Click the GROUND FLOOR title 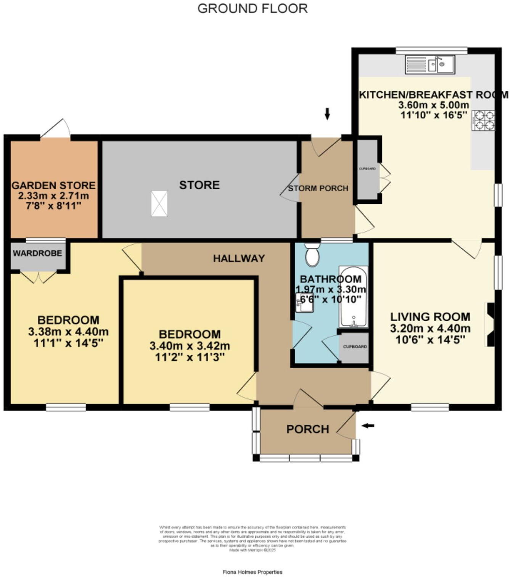[x=253, y=8]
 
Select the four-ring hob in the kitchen [x=484, y=120]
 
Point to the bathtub [x=354, y=297]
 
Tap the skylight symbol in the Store [x=159, y=204]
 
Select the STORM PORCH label [x=318, y=188]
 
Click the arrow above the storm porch [x=327, y=113]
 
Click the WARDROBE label [x=37, y=253]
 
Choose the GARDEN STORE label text [x=53, y=185]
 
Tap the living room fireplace [x=489, y=324]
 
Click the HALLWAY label [x=239, y=258]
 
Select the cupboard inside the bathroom [x=355, y=347]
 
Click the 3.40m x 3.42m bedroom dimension [x=190, y=346]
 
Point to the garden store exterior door [x=55, y=129]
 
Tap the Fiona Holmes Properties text [x=253, y=572]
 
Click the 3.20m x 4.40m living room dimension [x=430, y=328]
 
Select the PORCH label [x=307, y=429]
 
